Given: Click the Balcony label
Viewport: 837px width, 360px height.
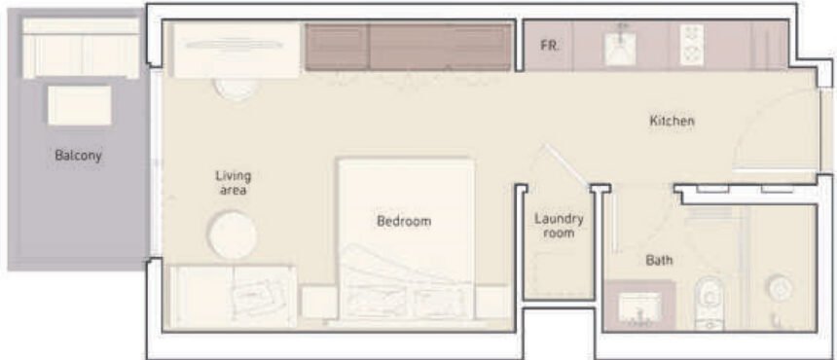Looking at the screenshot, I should tap(78, 155).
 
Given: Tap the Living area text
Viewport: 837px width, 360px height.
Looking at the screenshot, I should tap(234, 183).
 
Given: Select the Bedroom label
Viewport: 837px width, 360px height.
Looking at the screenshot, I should tap(403, 222).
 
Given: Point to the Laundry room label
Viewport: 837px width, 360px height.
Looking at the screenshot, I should tap(559, 226).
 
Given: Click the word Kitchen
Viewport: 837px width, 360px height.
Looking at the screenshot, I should tap(673, 122).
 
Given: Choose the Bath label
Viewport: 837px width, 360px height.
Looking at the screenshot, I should tap(659, 261).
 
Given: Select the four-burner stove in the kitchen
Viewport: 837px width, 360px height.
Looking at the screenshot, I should tap(692, 45).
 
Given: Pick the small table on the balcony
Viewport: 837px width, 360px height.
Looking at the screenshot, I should tap(79, 105).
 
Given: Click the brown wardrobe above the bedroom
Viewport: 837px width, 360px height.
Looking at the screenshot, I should tap(409, 47).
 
